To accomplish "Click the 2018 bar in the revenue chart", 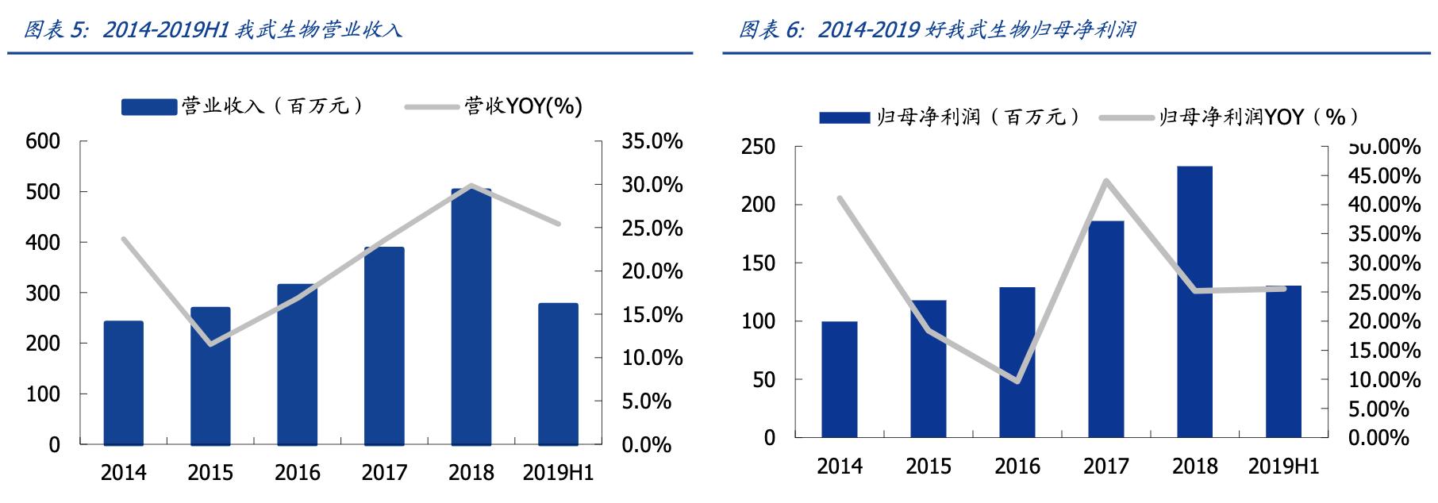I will pyautogui.click(x=471, y=317).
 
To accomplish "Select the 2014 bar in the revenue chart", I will pyautogui.click(x=123, y=382).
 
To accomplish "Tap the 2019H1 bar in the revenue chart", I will pyautogui.click(x=558, y=374).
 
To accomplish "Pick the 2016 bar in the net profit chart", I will pyautogui.click(x=1017, y=362).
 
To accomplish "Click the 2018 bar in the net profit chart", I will pyautogui.click(x=1194, y=301).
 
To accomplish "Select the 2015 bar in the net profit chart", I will pyautogui.click(x=928, y=368).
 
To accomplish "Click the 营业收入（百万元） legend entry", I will pyautogui.click(x=243, y=106).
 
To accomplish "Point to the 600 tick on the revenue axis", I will pyautogui.click(x=43, y=141).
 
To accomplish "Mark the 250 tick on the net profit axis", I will pyautogui.click(x=758, y=147).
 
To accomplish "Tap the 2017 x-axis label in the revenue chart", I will pyautogui.click(x=384, y=474).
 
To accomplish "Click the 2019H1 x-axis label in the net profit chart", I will pyautogui.click(x=1283, y=467).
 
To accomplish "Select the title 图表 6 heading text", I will pyautogui.click(x=936, y=30).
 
